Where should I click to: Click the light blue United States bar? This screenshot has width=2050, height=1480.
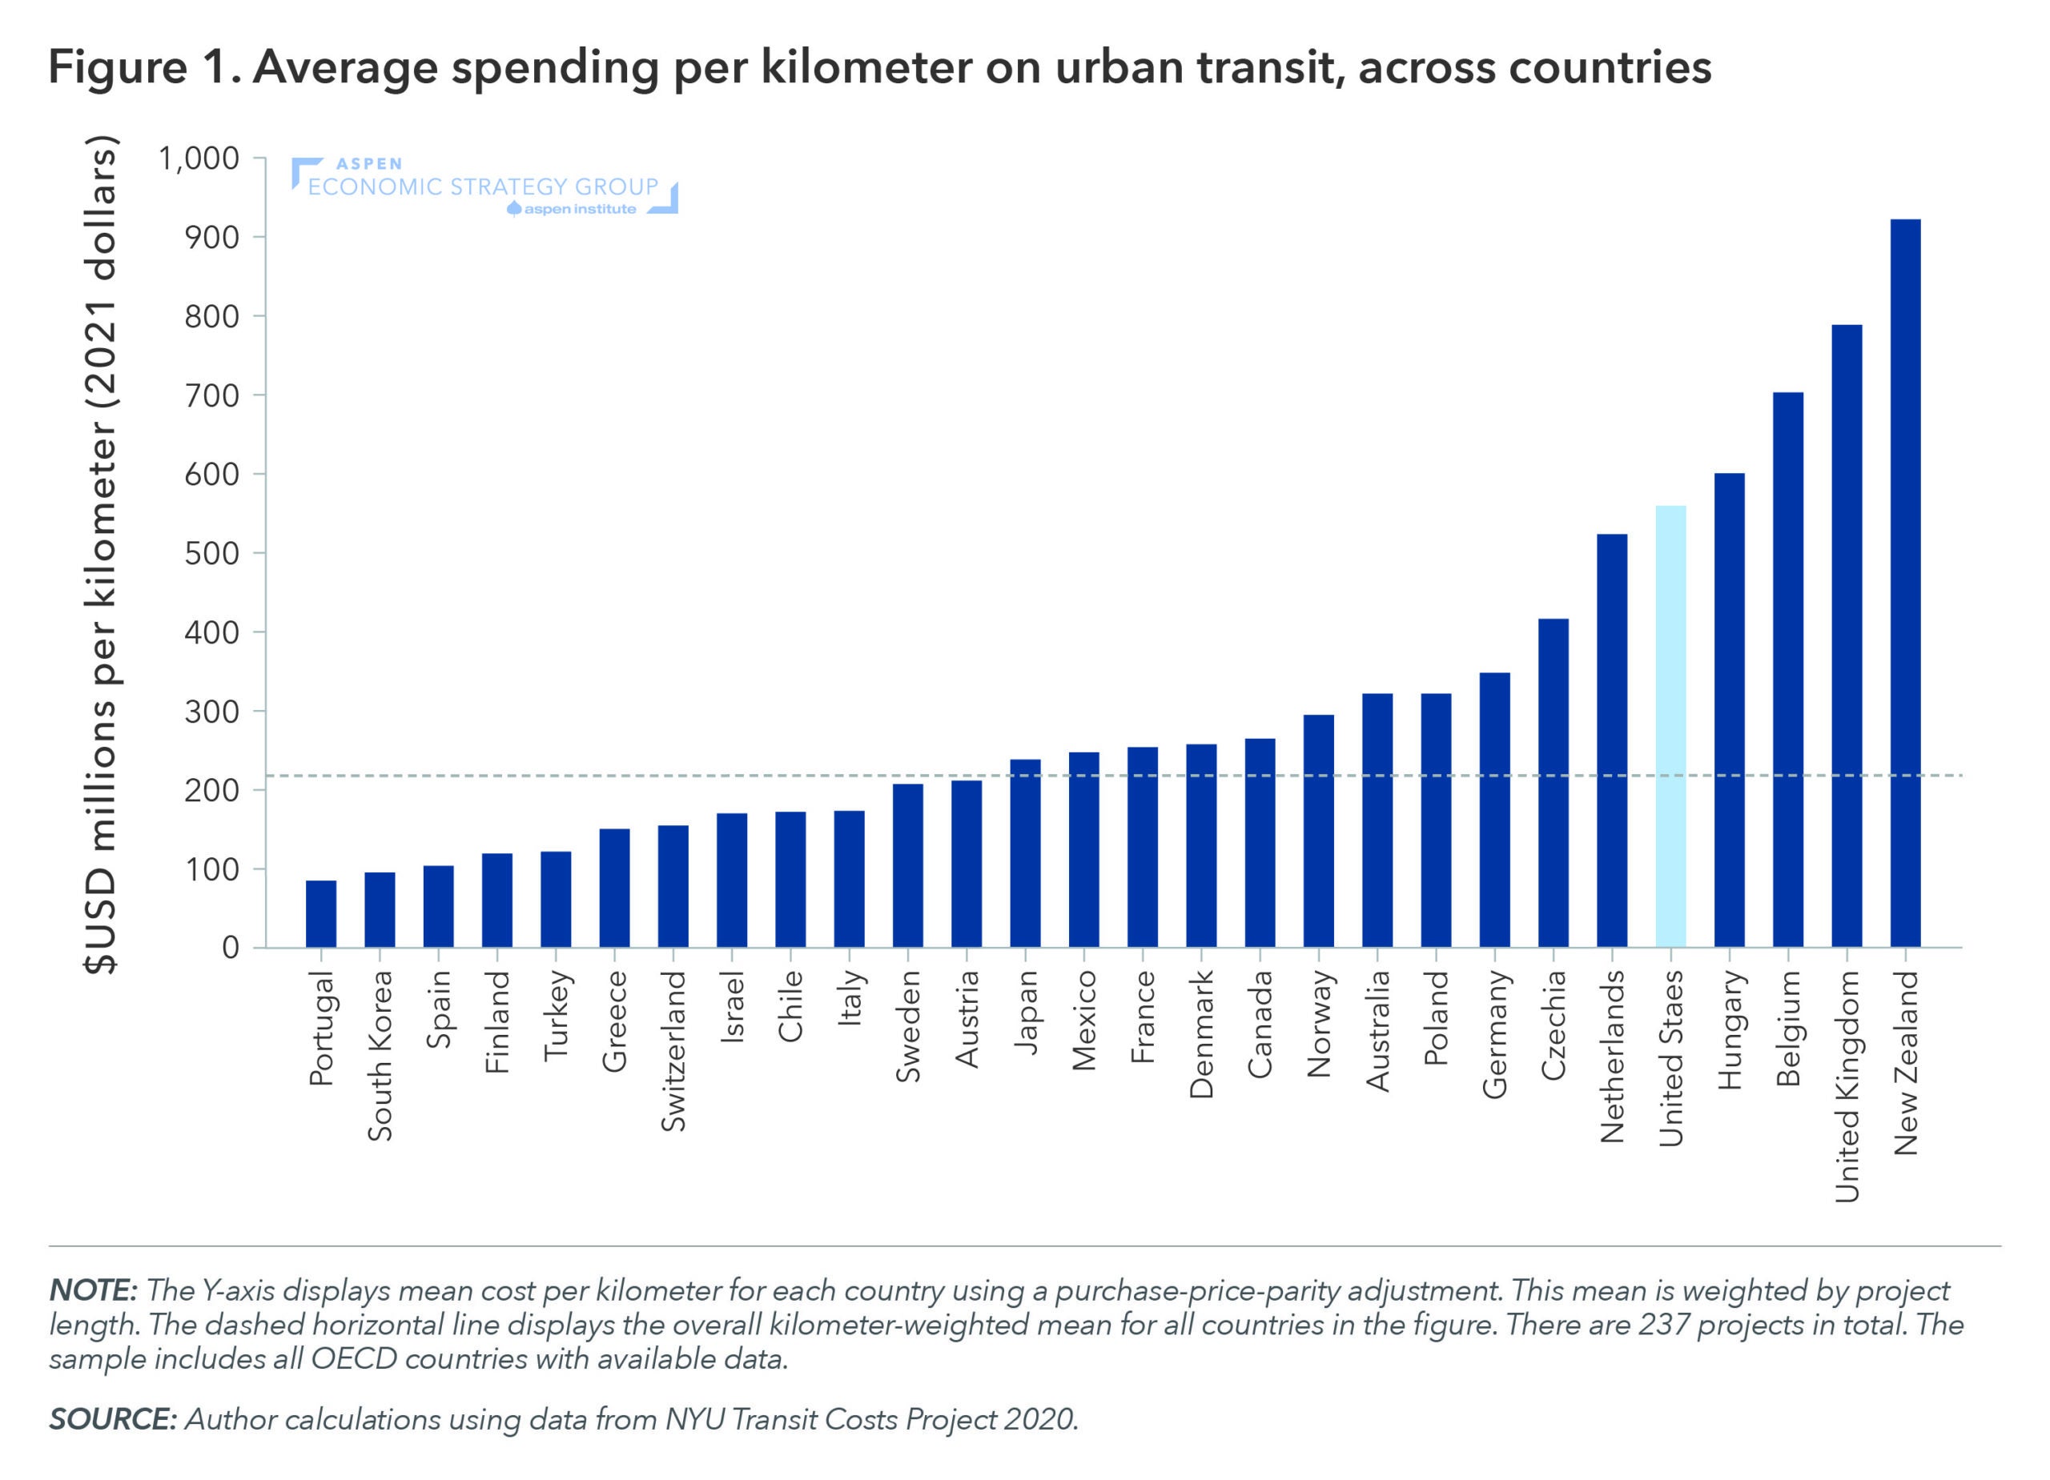pyautogui.click(x=1670, y=727)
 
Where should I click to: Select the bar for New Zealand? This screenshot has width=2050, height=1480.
pyautogui.click(x=1905, y=584)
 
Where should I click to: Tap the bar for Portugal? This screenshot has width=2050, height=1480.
pyautogui.click(x=321, y=913)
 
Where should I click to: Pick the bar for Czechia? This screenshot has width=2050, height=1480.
pyautogui.click(x=1553, y=783)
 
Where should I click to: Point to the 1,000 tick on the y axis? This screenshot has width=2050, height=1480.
pyautogui.click(x=199, y=158)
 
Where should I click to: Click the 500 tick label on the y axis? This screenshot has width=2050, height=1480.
pyautogui.click(x=211, y=553)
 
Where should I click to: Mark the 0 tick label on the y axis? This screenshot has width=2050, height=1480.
pyautogui.click(x=231, y=947)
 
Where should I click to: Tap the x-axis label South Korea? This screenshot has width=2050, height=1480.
pyautogui.click(x=380, y=1055)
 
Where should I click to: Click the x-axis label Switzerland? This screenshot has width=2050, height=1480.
pyautogui.click(x=673, y=1051)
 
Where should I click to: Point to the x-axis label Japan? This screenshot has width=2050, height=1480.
pyautogui.click(x=1025, y=1012)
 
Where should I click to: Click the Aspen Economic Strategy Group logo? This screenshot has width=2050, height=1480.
pyautogui.click(x=484, y=187)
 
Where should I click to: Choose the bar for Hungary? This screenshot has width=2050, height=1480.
pyautogui.click(x=1729, y=710)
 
